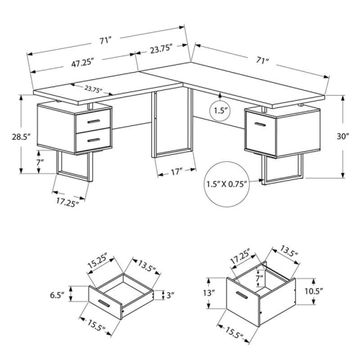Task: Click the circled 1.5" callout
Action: click(220, 111)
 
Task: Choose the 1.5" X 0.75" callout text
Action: click(226, 183)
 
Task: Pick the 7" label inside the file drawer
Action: click(258, 277)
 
